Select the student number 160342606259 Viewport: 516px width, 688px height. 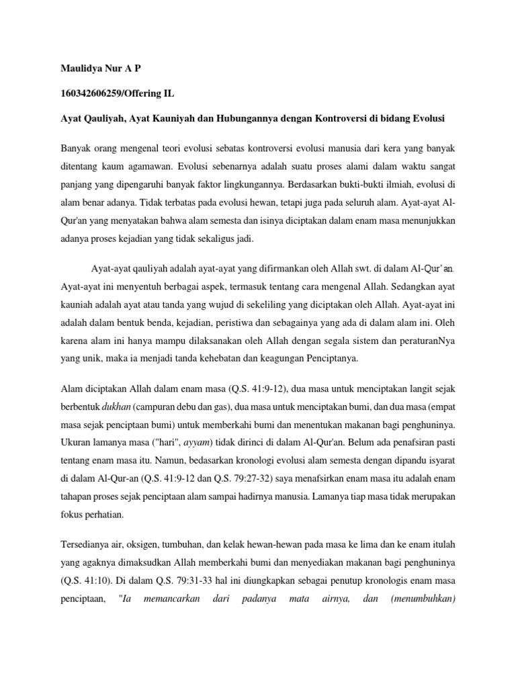93,94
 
